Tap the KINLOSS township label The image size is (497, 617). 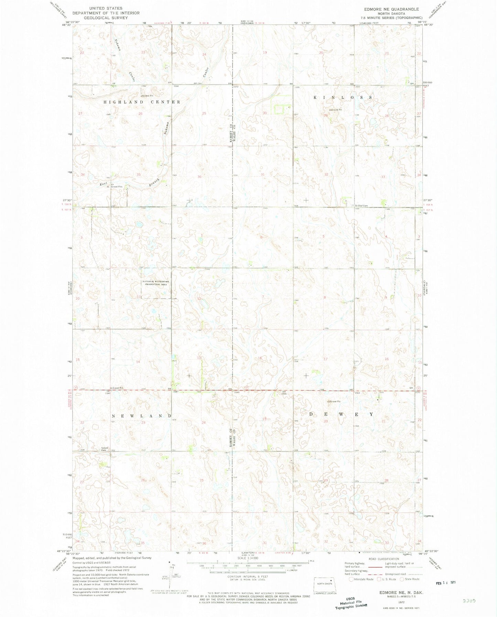pyautogui.click(x=343, y=98)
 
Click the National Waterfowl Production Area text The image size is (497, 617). pyautogui.click(x=156, y=283)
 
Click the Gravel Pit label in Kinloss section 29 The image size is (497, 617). pyautogui.click(x=337, y=110)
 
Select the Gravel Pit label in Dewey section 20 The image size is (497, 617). pyautogui.click(x=335, y=401)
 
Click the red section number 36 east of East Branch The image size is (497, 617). pyautogui.click(x=199, y=177)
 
